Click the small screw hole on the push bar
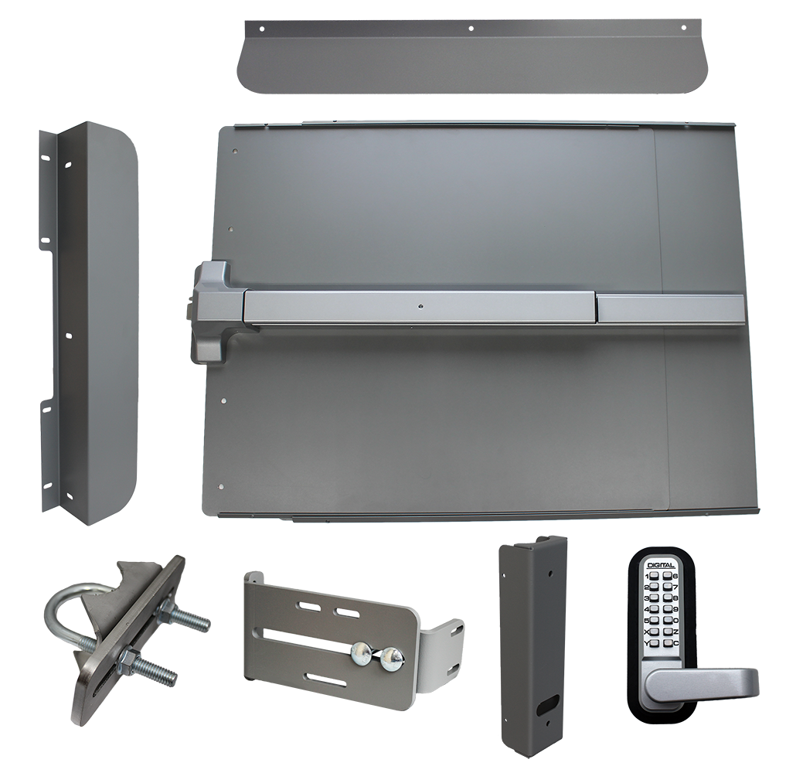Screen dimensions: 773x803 click(x=420, y=304)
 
